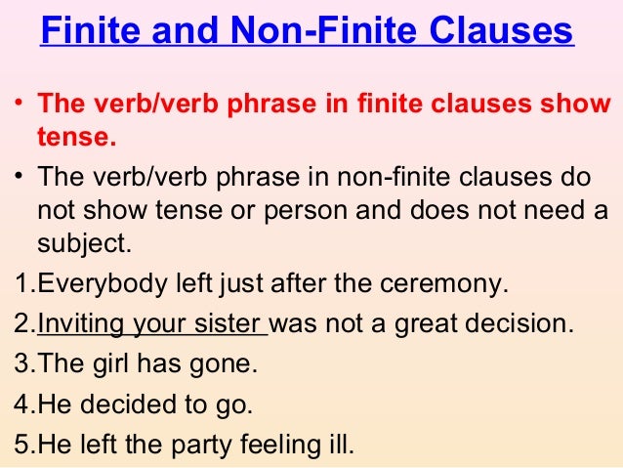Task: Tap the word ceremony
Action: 448,285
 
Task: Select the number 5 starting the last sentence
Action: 24,444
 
